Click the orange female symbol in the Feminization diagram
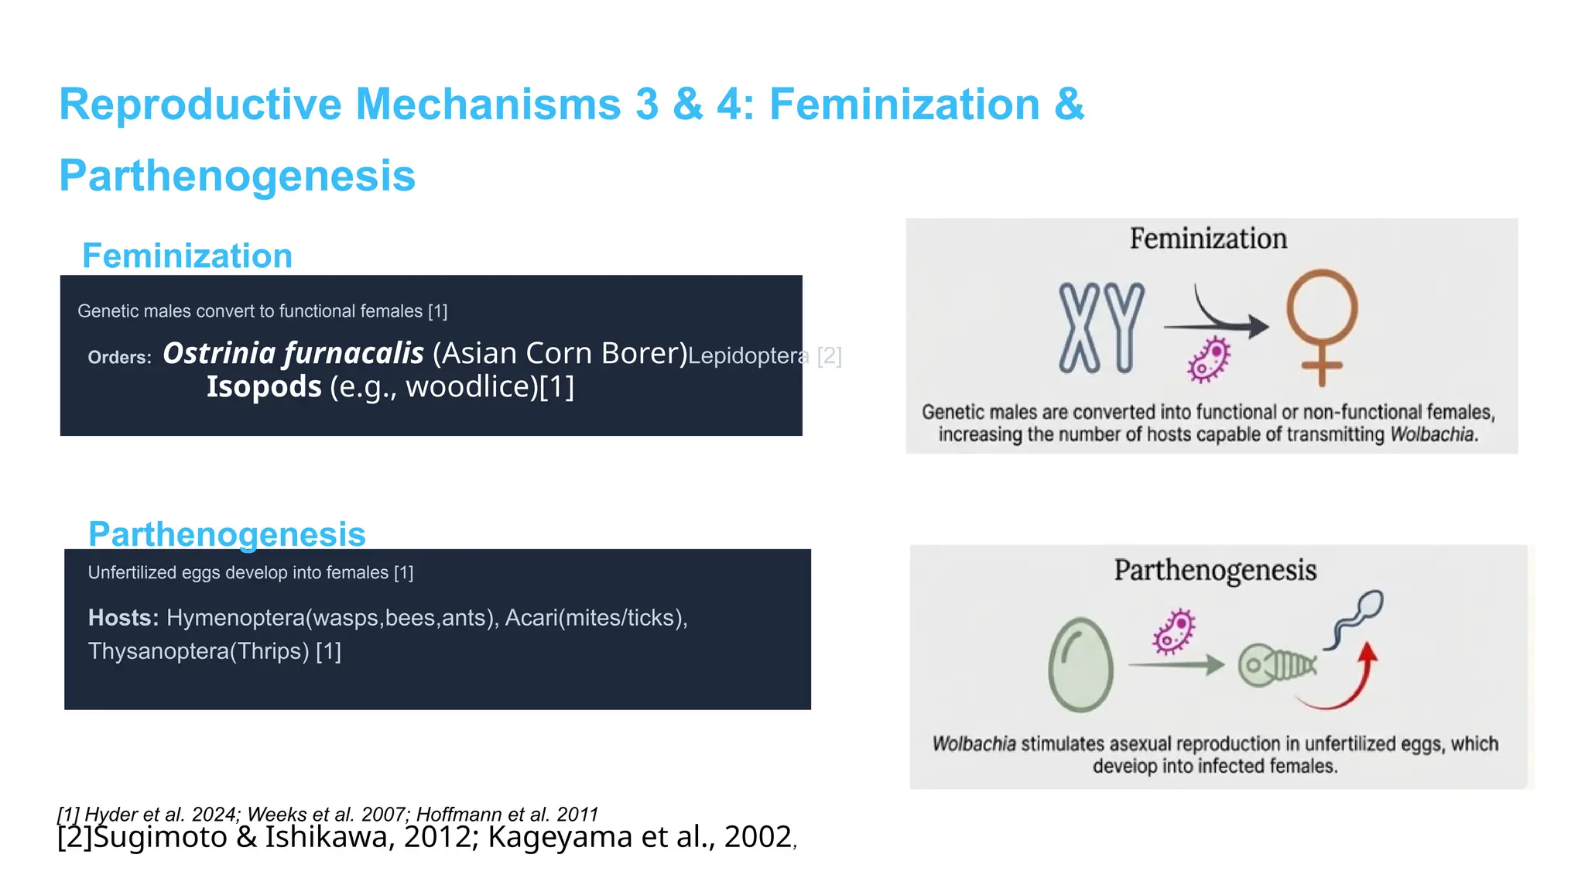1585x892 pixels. pos(1321,325)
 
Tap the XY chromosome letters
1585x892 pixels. pos(1101,328)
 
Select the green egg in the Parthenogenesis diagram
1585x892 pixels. pos(1080,664)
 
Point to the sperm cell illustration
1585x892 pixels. pos(1356,617)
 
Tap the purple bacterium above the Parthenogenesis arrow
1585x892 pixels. pos(1174,631)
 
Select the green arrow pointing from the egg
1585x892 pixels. pos(1176,664)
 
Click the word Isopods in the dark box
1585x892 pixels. pos(264,386)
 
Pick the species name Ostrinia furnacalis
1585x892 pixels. pos(293,353)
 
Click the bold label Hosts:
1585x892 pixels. pos(123,618)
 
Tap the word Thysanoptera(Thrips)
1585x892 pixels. pos(199,651)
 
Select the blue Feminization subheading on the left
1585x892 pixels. pos(187,256)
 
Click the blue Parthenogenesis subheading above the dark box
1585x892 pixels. pos(227,534)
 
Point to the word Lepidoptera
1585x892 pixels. pos(748,356)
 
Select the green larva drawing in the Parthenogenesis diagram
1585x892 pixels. pos(1277,664)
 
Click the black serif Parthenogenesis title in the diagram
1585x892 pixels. pos(1215,571)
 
